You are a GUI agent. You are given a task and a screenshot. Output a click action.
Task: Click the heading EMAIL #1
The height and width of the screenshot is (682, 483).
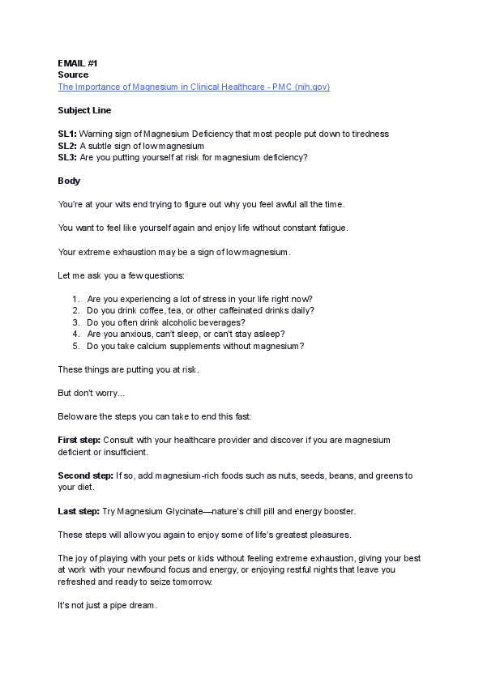pos(78,63)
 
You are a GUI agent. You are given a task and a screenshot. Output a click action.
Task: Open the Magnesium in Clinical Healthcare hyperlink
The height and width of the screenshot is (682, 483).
pos(194,87)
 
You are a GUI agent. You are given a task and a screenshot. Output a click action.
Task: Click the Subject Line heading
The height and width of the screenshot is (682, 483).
pos(84,110)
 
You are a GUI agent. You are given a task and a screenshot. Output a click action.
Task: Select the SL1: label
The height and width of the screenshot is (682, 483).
pos(67,134)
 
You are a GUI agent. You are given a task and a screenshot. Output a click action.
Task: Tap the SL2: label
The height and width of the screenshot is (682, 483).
pos(67,145)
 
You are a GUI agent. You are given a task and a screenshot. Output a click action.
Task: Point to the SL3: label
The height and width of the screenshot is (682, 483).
pos(67,156)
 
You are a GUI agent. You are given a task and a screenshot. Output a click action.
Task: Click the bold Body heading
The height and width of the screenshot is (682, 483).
pos(69,180)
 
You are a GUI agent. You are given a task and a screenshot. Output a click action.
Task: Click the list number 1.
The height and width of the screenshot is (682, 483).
pos(75,299)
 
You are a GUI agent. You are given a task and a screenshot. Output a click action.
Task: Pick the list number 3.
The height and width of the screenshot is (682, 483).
pos(75,322)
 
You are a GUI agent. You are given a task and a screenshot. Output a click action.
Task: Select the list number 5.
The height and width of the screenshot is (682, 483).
pos(75,346)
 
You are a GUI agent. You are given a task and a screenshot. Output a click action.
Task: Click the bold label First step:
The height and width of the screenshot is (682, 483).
pos(79,440)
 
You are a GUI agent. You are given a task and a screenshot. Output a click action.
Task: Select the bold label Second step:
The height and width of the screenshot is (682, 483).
pos(85,475)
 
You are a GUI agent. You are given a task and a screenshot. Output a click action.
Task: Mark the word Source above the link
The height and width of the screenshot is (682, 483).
pos(73,75)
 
